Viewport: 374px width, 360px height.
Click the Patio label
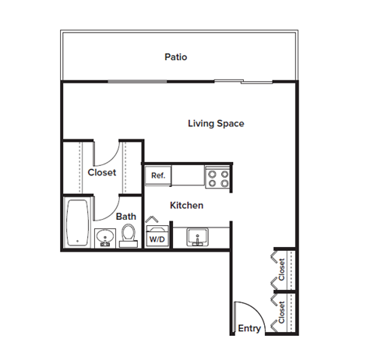[x=175, y=57]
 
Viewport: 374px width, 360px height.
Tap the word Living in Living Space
[x=202, y=123]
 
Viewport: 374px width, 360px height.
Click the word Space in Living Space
[x=232, y=123]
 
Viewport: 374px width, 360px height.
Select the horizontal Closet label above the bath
[x=101, y=172]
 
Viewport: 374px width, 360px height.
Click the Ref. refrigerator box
[x=158, y=176]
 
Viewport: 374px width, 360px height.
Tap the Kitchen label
[x=187, y=205]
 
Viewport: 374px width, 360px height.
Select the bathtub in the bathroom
[x=77, y=223]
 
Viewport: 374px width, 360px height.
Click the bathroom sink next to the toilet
[x=105, y=236]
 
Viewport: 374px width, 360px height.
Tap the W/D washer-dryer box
[x=157, y=239]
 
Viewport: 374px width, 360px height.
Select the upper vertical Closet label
[x=283, y=270]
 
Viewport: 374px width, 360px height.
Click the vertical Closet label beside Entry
[x=282, y=313]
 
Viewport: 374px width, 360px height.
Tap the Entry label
[x=249, y=328]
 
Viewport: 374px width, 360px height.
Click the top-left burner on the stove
[x=212, y=174]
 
